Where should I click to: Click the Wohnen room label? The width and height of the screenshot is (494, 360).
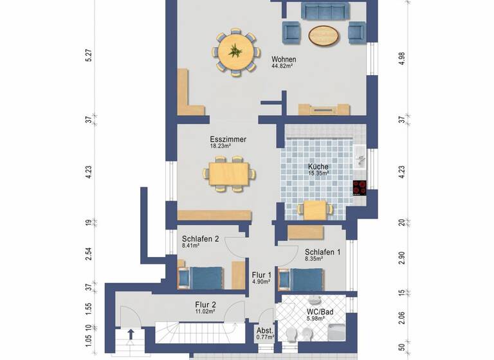(284, 59)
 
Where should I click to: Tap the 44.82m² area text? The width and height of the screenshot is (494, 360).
(284, 67)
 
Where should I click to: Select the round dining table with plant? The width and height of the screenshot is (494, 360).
(236, 52)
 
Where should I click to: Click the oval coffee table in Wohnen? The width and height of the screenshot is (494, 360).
(324, 35)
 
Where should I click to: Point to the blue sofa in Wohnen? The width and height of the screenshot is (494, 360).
(325, 11)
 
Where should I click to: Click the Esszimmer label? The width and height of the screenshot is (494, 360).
(228, 139)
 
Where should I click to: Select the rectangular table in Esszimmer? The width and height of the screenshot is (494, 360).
(229, 173)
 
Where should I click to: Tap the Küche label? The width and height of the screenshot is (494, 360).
(318, 166)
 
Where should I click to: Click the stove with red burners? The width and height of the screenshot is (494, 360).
(360, 188)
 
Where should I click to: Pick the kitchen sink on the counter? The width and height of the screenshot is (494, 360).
(360, 156)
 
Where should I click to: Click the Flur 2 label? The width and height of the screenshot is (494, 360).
(205, 305)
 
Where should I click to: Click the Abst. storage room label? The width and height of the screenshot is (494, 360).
(265, 330)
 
